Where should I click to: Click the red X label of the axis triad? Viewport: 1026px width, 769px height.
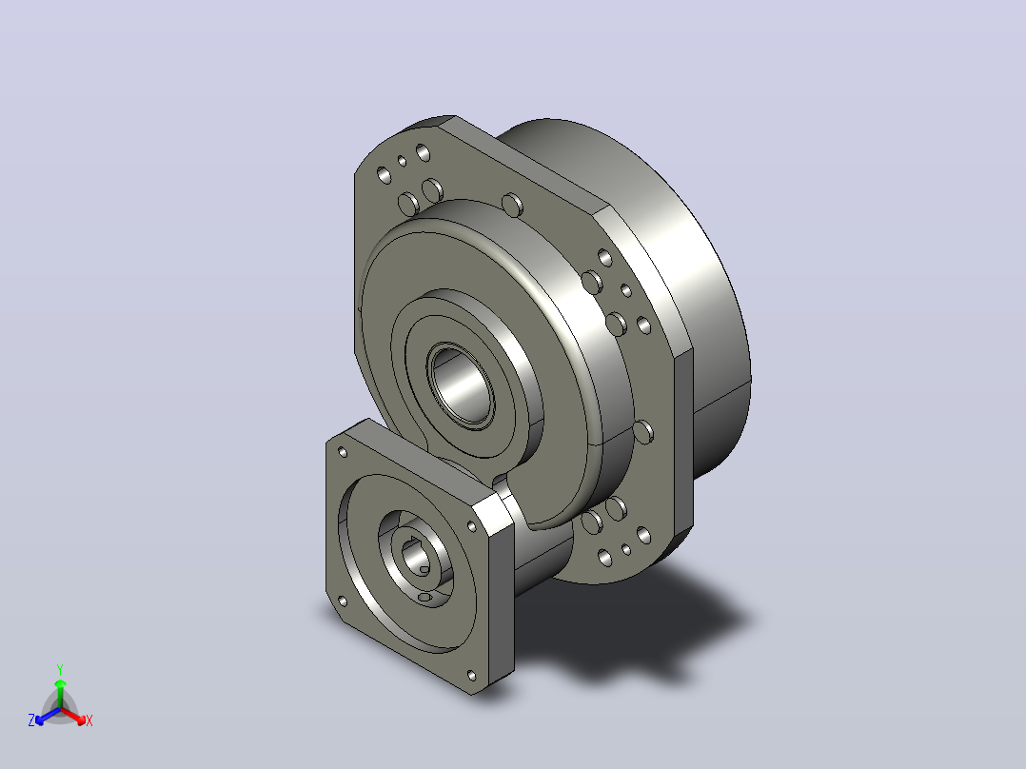pyautogui.click(x=89, y=720)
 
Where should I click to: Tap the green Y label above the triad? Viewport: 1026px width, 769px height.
pyautogui.click(x=60, y=669)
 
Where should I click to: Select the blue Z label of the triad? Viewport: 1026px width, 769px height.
pyautogui.click(x=31, y=720)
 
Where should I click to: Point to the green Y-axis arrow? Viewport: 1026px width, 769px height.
pyautogui.click(x=60, y=693)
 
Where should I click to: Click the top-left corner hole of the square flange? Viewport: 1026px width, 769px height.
pyautogui.click(x=343, y=452)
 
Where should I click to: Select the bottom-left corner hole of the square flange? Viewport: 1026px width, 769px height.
pyautogui.click(x=343, y=601)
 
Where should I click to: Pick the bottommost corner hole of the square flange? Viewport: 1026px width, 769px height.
pyautogui.click(x=472, y=675)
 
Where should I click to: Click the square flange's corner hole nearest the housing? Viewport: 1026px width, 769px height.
pyautogui.click(x=472, y=525)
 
